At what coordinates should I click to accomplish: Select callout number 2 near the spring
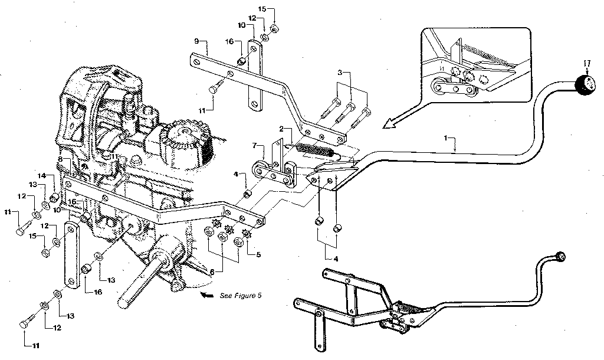click(x=282, y=129)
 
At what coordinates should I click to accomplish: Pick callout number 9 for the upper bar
click(x=196, y=41)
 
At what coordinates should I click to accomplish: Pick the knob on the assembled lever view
click(x=560, y=256)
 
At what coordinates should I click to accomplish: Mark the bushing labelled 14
click(x=53, y=197)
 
